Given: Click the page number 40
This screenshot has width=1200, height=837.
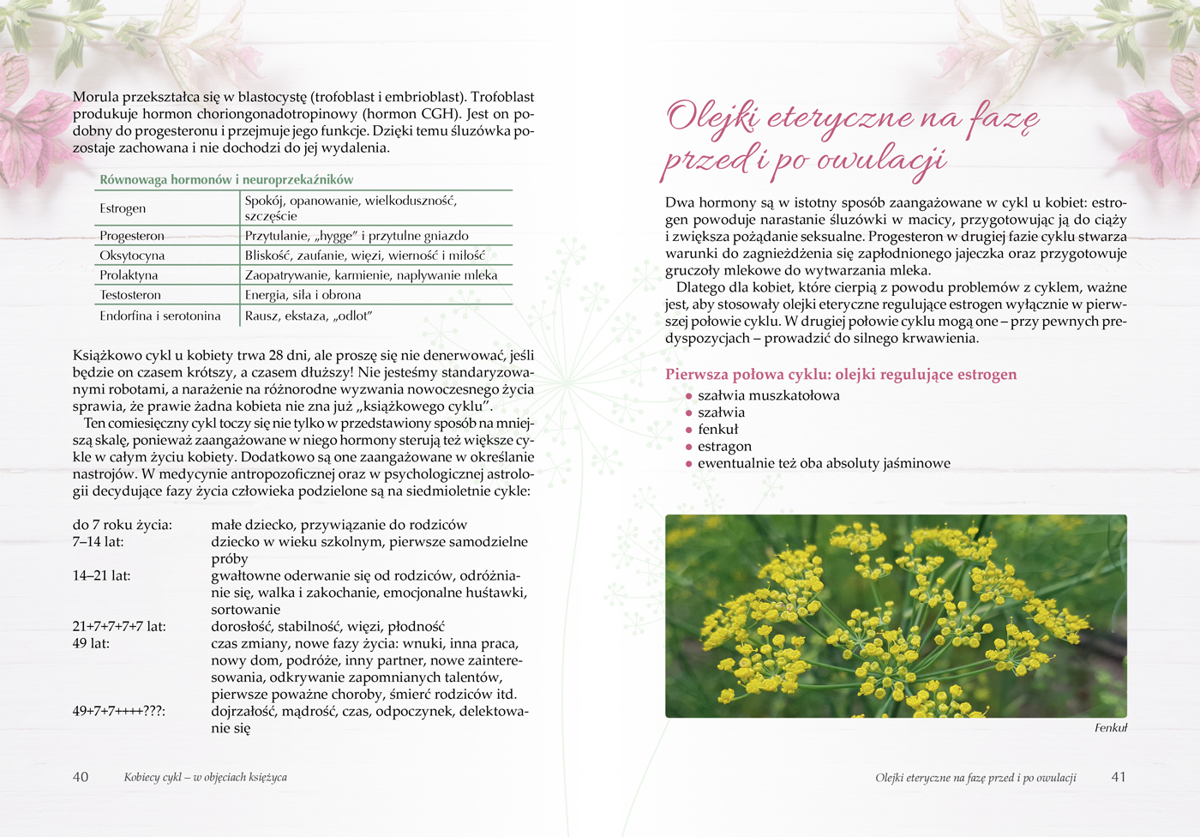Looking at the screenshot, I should coord(81,777).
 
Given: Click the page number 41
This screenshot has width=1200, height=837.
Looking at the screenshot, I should coord(1119,777).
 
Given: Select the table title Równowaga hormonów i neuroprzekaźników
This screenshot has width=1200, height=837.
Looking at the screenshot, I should coord(226,179).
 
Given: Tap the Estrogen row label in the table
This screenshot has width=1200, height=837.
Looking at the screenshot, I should coord(123,208).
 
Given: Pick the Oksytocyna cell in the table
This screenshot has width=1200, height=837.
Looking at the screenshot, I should coord(132,256).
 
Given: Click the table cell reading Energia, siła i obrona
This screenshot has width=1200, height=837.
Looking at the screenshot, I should coord(303,295).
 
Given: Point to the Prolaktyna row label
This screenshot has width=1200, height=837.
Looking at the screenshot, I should coord(129,275).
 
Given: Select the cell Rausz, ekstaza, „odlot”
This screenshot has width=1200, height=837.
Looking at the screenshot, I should coord(309,316).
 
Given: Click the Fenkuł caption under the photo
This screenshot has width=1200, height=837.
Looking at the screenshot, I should coord(1111,728).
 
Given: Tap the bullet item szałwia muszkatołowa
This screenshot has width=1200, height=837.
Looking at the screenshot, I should coord(768,395).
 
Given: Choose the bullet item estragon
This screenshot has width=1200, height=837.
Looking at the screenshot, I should coord(724,446).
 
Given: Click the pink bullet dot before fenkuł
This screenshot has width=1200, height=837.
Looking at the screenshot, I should coord(688,430).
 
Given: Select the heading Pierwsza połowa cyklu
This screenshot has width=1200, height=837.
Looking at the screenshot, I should coord(841,375).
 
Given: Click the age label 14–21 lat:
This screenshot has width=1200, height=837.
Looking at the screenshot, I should coord(102,575).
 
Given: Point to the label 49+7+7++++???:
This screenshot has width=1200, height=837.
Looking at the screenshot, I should coord(118,711).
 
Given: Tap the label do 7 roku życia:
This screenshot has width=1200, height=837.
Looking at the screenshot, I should coord(122,525).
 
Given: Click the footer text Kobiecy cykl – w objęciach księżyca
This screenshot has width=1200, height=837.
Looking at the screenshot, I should coord(206,778).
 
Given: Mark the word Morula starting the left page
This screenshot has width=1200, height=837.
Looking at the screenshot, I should coord(95,97).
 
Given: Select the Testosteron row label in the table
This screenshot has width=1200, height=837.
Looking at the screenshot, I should coord(130,295).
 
